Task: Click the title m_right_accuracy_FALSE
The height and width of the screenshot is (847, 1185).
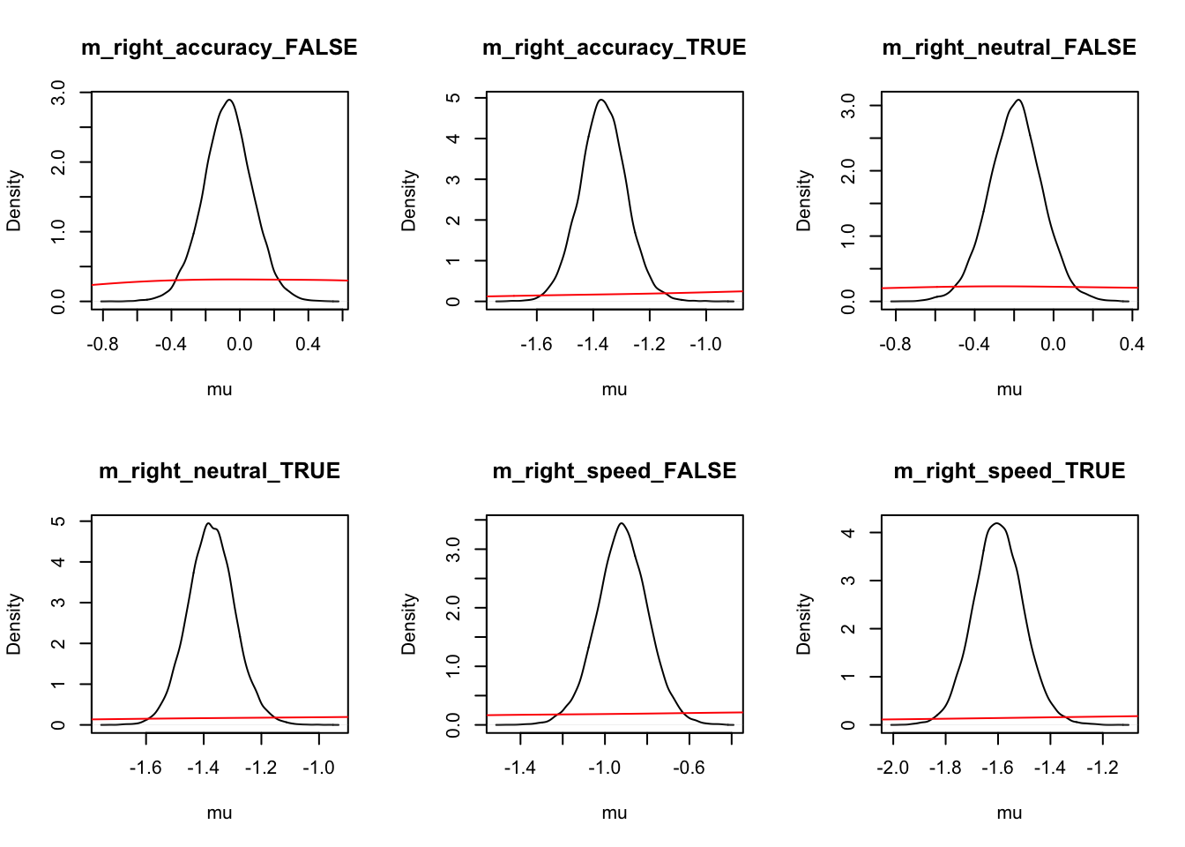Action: (220, 48)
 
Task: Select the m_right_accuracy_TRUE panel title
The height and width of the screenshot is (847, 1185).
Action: (615, 48)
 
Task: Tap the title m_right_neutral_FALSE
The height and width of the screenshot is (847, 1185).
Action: (1010, 48)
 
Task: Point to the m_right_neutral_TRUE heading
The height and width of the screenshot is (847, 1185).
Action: (220, 471)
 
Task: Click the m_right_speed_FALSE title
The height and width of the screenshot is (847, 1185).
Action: (615, 471)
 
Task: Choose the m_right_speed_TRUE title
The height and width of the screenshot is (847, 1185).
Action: (1010, 471)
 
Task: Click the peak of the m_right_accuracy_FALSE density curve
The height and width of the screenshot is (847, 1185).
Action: (229, 100)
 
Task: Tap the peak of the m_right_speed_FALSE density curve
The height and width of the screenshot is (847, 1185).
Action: (622, 523)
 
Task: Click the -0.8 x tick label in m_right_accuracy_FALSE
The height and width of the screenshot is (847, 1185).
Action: (102, 344)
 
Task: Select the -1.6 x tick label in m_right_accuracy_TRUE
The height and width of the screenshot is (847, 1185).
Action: (536, 344)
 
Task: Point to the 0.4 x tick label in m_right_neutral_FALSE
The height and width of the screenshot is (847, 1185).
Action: (1132, 344)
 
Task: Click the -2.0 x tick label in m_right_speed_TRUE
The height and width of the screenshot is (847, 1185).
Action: (893, 768)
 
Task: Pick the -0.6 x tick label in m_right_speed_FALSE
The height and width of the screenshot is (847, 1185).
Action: (689, 768)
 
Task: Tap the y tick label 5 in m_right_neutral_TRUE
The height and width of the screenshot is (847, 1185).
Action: (58, 521)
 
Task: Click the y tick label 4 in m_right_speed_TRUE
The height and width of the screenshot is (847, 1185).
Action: (848, 533)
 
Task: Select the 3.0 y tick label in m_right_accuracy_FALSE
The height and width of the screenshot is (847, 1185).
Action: (58, 93)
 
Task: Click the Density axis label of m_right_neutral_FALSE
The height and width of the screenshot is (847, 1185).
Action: (803, 201)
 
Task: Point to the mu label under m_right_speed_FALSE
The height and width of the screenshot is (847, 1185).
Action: (615, 813)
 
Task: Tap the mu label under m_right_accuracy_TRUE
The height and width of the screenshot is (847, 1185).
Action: (615, 389)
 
